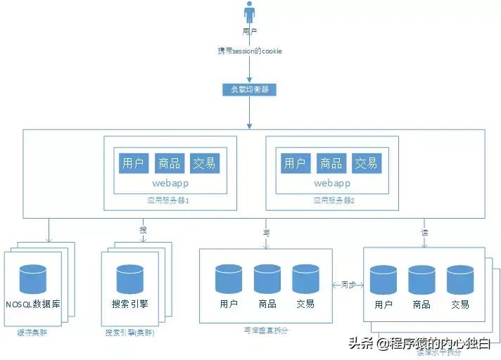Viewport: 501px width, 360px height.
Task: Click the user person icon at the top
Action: (249, 13)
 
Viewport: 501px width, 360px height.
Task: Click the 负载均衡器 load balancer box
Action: (249, 90)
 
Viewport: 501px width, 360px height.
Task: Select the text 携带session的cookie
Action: (249, 52)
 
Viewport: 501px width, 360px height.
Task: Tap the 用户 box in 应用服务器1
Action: (133, 164)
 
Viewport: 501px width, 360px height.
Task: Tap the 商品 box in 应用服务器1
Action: (169, 164)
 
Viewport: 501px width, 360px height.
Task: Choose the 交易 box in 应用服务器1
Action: (205, 164)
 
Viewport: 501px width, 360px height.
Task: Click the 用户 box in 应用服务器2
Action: (295, 164)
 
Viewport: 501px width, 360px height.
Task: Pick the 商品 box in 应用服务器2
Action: (331, 164)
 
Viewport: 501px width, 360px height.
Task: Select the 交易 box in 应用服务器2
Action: (366, 164)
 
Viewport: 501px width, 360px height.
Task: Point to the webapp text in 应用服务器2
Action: (331, 184)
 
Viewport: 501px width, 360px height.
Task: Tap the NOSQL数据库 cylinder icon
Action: (32, 279)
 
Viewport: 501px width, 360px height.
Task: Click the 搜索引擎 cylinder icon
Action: (129, 279)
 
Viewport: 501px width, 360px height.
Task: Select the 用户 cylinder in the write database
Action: (229, 279)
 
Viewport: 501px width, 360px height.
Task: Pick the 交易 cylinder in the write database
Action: (305, 279)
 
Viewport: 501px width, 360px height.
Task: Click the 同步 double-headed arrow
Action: (348, 285)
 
